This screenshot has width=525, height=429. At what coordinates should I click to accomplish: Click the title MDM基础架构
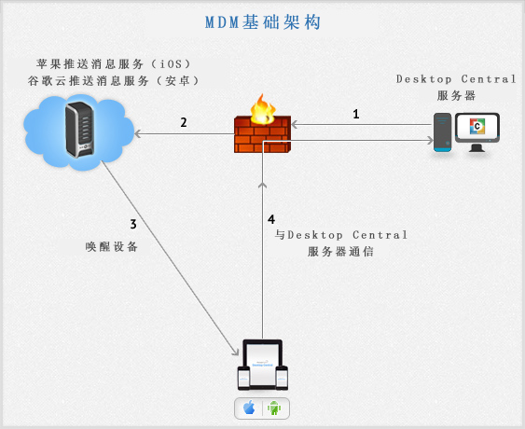[x=263, y=22]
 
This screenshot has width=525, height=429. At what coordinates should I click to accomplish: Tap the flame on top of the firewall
[x=263, y=108]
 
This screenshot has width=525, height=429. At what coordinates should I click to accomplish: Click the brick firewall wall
[x=263, y=134]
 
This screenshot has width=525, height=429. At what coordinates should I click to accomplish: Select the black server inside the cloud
[x=79, y=130]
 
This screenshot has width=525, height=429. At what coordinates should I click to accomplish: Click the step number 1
[x=356, y=114]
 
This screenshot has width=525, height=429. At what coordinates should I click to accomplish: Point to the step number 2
[x=184, y=122]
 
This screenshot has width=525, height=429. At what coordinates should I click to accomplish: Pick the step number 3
[x=133, y=224]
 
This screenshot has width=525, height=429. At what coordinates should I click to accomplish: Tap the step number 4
[x=271, y=219]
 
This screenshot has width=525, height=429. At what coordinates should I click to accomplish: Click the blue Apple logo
[x=249, y=408]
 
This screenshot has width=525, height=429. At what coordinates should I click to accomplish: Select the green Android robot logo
[x=274, y=408]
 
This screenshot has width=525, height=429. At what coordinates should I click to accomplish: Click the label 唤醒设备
[x=112, y=247]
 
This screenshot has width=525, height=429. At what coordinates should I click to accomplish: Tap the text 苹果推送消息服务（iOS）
[x=114, y=63]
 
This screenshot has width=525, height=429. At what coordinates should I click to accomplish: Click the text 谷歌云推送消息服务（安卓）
[x=114, y=81]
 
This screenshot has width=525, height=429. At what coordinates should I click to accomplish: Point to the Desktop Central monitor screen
[x=477, y=127]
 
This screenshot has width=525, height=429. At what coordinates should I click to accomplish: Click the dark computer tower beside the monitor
[x=442, y=132]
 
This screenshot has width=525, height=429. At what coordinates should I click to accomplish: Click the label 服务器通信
[x=340, y=252]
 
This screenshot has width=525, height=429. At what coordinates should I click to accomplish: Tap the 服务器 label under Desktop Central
[x=456, y=96]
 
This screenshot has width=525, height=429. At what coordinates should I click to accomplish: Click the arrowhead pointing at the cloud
[x=137, y=134]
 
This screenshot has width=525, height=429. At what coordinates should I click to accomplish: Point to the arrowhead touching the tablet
[x=235, y=352]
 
